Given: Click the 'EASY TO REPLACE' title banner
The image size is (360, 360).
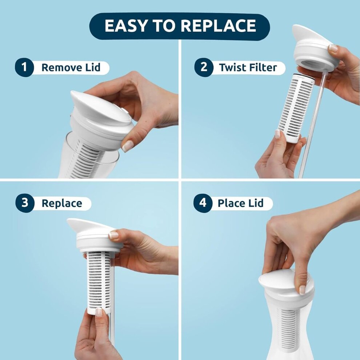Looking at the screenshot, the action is [180, 26].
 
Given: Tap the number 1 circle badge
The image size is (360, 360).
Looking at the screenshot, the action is [24, 67].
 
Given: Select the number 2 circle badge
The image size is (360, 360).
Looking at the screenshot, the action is [204, 67].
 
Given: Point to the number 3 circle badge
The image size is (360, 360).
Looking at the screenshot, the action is [25, 203].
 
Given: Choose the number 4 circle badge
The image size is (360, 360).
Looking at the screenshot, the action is [203, 203].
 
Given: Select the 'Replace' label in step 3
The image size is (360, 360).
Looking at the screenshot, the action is [62, 203].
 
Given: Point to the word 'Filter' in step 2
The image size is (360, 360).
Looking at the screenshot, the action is [263, 68].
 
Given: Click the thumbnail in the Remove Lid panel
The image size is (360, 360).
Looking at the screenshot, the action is [127, 146].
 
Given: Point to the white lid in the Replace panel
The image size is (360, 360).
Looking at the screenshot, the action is [95, 236].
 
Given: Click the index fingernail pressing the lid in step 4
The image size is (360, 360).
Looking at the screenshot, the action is [303, 290].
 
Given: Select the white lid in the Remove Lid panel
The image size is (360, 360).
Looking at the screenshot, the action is [102, 120].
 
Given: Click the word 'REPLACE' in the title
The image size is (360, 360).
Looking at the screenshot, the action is [218, 26].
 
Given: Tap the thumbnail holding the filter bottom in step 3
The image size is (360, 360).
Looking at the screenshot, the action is [99, 312].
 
